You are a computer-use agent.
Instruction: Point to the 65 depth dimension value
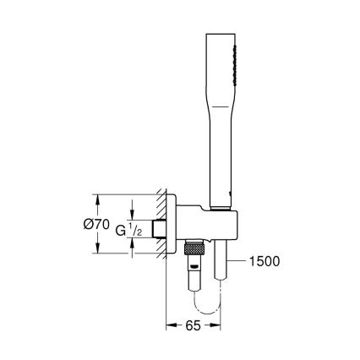point(194,323)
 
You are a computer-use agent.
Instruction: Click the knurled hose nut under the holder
point(195,251)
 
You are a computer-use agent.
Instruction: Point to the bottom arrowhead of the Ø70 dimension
point(99,251)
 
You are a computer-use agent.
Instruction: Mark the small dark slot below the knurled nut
point(195,267)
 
